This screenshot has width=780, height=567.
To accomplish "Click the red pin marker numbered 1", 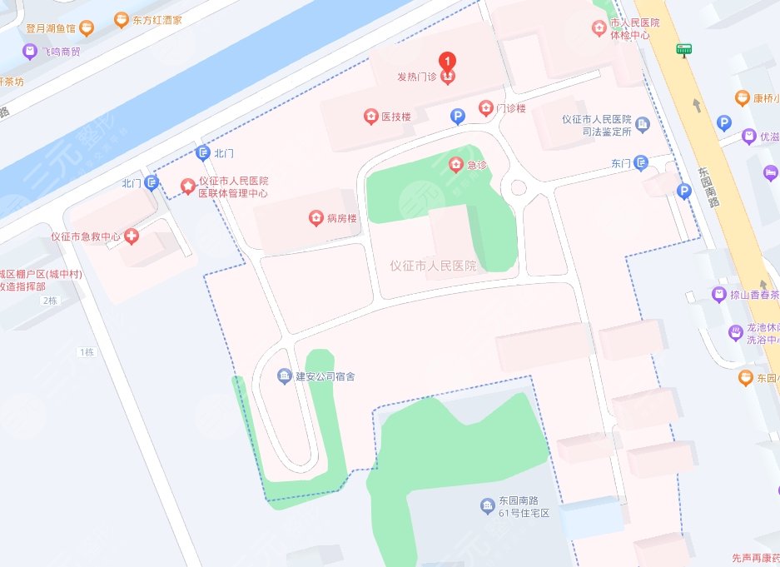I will [448, 61].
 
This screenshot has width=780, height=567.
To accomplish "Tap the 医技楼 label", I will [396, 117].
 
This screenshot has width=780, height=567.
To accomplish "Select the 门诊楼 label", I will [510, 108].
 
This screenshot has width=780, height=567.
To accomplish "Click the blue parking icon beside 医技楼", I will [457, 117].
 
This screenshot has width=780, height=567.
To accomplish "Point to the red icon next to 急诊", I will [455, 165].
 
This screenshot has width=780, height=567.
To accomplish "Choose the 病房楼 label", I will [341, 219].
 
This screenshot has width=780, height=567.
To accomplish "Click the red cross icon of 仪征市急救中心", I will [132, 237].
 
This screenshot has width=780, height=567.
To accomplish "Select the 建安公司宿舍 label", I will [325, 376].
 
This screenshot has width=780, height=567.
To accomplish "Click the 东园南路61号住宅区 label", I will [525, 507].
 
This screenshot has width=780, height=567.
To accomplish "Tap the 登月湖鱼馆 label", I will [51, 27].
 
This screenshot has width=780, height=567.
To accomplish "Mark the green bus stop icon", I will [684, 49].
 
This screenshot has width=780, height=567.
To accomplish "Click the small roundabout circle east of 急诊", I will [518, 187].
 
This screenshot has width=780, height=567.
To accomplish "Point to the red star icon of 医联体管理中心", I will [188, 186].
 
